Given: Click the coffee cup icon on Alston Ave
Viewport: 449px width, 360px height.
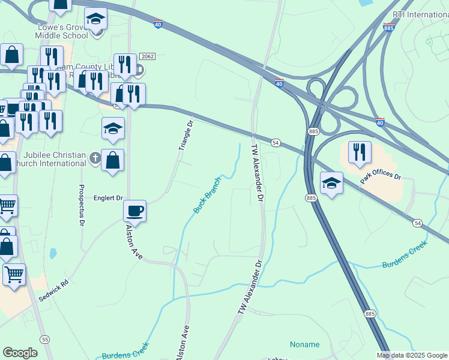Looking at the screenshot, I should [134, 211].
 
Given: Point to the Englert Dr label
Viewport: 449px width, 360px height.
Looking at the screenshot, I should [108, 197].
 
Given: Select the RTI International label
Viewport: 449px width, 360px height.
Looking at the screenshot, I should [420, 14].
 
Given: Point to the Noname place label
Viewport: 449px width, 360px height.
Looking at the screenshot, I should [304, 344].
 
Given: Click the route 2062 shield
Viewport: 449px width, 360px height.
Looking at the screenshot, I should [147, 56].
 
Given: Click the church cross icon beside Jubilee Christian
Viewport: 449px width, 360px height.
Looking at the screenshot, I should [95, 158].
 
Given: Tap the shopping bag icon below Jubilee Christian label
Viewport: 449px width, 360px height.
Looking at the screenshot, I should [112, 160].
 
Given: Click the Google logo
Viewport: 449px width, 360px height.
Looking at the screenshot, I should [20, 353].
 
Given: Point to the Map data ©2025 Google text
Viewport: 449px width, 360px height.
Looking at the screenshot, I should [412, 355].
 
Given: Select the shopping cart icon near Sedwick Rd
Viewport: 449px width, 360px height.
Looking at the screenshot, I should [14, 274].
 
